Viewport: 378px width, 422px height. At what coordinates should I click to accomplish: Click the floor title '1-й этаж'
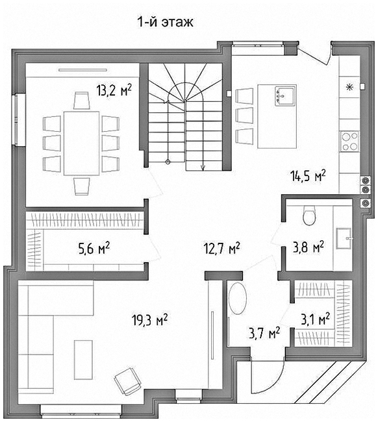tap(166, 22)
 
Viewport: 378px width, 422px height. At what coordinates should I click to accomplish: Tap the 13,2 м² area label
tap(114, 90)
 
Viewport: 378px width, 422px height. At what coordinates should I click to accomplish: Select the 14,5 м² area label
tap(308, 176)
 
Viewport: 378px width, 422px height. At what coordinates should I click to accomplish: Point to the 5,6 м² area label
tap(94, 248)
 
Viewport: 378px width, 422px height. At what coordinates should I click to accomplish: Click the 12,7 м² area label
tap(222, 248)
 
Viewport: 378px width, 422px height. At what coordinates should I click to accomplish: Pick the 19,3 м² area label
tap(149, 319)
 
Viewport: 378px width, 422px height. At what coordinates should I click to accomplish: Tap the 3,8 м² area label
tap(309, 247)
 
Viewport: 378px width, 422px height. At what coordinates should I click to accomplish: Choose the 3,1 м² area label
tap(315, 319)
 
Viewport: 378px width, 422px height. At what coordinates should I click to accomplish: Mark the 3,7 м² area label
tap(264, 333)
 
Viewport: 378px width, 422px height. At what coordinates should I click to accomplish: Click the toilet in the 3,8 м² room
tap(309, 216)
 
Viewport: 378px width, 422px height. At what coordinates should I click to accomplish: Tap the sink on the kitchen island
tap(285, 96)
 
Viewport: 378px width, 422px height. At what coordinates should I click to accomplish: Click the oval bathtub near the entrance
tap(238, 298)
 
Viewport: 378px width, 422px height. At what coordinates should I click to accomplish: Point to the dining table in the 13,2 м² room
tap(82, 143)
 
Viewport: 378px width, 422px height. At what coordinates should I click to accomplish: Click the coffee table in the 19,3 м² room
tap(84, 360)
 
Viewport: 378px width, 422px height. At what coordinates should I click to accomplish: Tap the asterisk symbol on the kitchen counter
tap(349, 87)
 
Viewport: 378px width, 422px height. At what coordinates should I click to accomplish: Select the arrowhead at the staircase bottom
tap(203, 168)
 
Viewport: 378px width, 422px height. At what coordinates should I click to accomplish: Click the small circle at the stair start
tap(168, 162)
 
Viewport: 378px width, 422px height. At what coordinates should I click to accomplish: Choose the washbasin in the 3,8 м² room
tap(344, 238)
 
